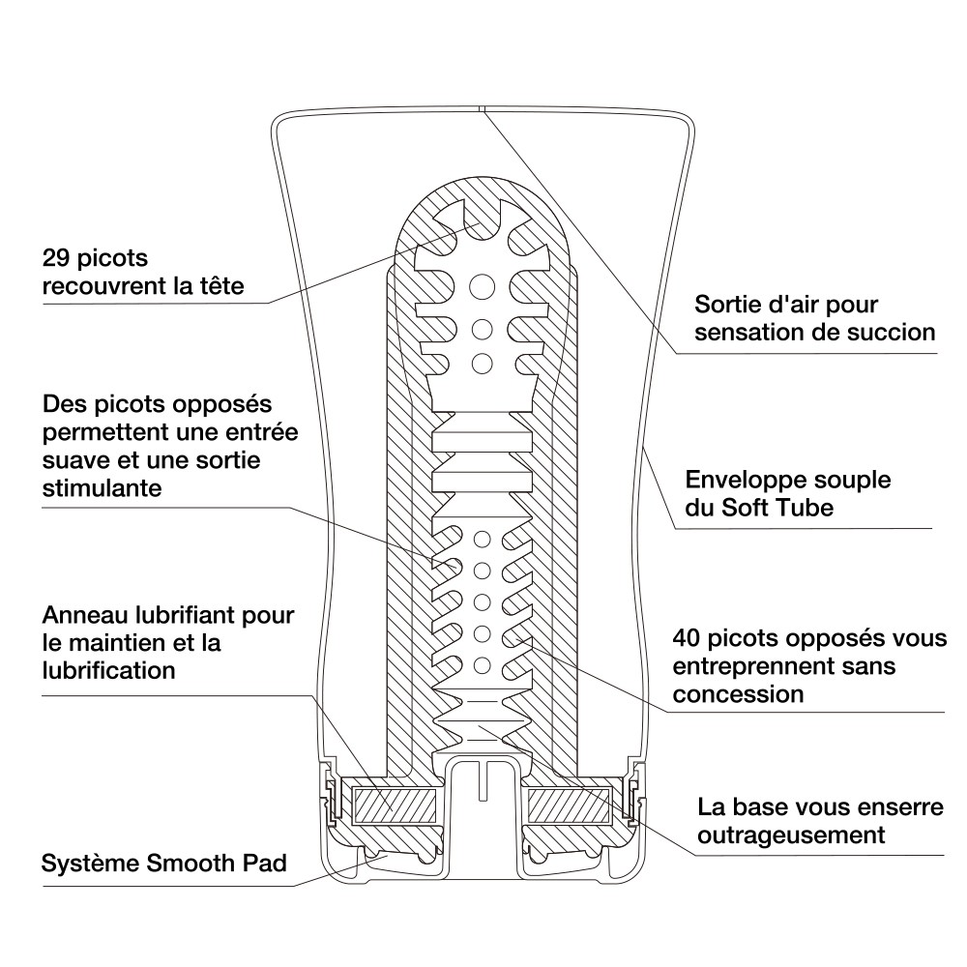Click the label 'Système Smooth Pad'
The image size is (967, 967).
pyautogui.click(x=164, y=863)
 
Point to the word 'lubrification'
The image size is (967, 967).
pyautogui.click(x=109, y=668)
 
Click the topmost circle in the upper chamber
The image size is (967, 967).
pyautogui.click(x=481, y=285)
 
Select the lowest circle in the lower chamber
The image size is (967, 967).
pyautogui.click(x=481, y=664)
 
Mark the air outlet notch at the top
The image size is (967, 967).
pyautogui.click(x=483, y=108)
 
